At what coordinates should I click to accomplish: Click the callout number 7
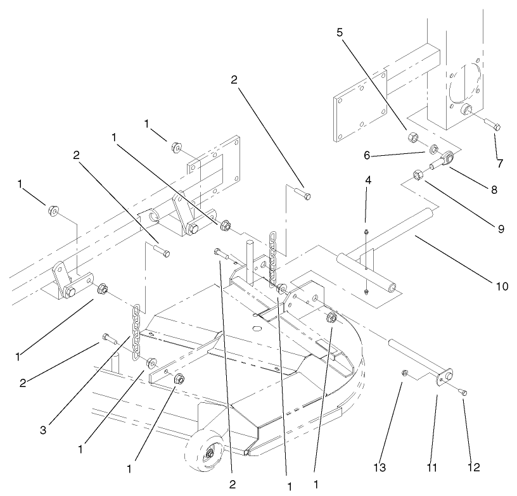click(500, 164)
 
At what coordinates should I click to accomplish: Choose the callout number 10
click(501, 286)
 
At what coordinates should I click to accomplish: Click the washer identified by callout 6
click(434, 149)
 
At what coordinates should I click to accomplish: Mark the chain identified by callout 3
click(136, 331)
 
